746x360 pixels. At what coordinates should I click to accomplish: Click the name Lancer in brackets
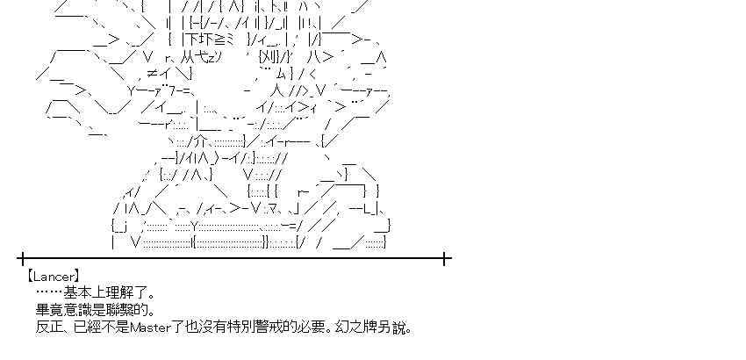pyautogui.click(x=54, y=276)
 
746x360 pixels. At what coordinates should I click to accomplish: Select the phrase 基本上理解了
pyautogui.click(x=108, y=293)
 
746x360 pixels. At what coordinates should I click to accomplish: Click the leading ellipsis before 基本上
pyautogui.click(x=49, y=293)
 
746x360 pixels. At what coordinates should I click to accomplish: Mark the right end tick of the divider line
pyautogui.click(x=446, y=258)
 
